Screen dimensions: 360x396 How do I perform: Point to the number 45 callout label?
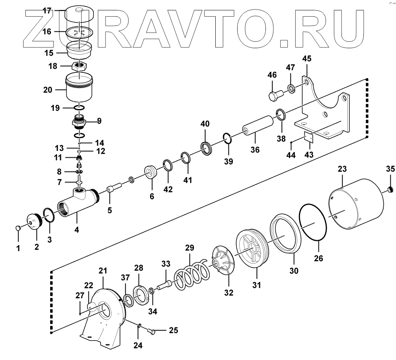tap(306, 59)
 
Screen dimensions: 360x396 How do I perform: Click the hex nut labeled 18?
tap(80, 65)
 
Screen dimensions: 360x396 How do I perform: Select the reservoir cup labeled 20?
tap(79, 88)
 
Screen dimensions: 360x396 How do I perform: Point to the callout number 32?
tap(228, 293)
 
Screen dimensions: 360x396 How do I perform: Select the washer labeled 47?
tap(291, 88)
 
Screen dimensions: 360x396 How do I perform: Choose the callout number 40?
tap(205, 124)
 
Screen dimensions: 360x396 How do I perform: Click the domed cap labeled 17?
tap(78, 12)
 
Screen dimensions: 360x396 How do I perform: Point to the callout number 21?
tap(103, 271)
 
